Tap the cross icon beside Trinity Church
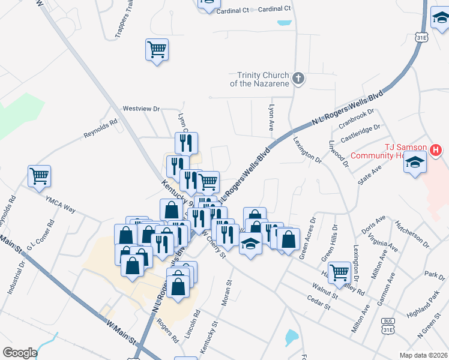298,78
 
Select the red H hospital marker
436,149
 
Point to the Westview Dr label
141,109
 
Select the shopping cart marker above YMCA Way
39,176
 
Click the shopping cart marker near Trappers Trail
157,49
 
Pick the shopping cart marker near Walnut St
340,271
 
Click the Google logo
20,353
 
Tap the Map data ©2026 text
424,355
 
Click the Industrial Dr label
16,279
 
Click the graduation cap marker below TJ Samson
415,163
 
